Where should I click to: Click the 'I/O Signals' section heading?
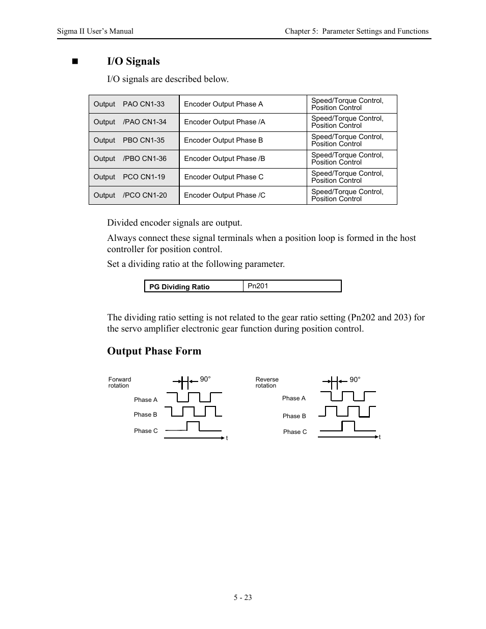click(x=133, y=62)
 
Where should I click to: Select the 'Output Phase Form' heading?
click(x=154, y=351)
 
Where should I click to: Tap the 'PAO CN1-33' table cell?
click(x=144, y=104)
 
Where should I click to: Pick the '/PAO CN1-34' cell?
click(x=144, y=122)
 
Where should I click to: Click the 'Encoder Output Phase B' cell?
click(x=223, y=141)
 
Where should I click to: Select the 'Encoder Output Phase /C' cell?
click(x=224, y=195)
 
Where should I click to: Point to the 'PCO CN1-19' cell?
click(x=144, y=177)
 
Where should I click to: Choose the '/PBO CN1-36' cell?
click(x=144, y=158)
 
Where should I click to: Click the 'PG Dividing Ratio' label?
click(x=179, y=287)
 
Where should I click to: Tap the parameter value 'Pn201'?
click(x=258, y=286)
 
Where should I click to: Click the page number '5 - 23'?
click(x=243, y=597)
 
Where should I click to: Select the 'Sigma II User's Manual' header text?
click(x=95, y=31)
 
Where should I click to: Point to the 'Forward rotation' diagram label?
click(x=120, y=382)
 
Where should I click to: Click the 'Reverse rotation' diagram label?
click(x=267, y=382)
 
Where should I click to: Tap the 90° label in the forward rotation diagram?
click(x=205, y=379)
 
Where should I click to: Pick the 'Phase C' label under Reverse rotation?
click(x=295, y=432)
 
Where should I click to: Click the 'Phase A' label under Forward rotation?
click(x=146, y=400)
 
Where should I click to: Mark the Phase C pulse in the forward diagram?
click(x=193, y=426)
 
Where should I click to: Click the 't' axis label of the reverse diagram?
click(x=380, y=437)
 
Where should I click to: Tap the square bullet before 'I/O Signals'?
click(x=76, y=62)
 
